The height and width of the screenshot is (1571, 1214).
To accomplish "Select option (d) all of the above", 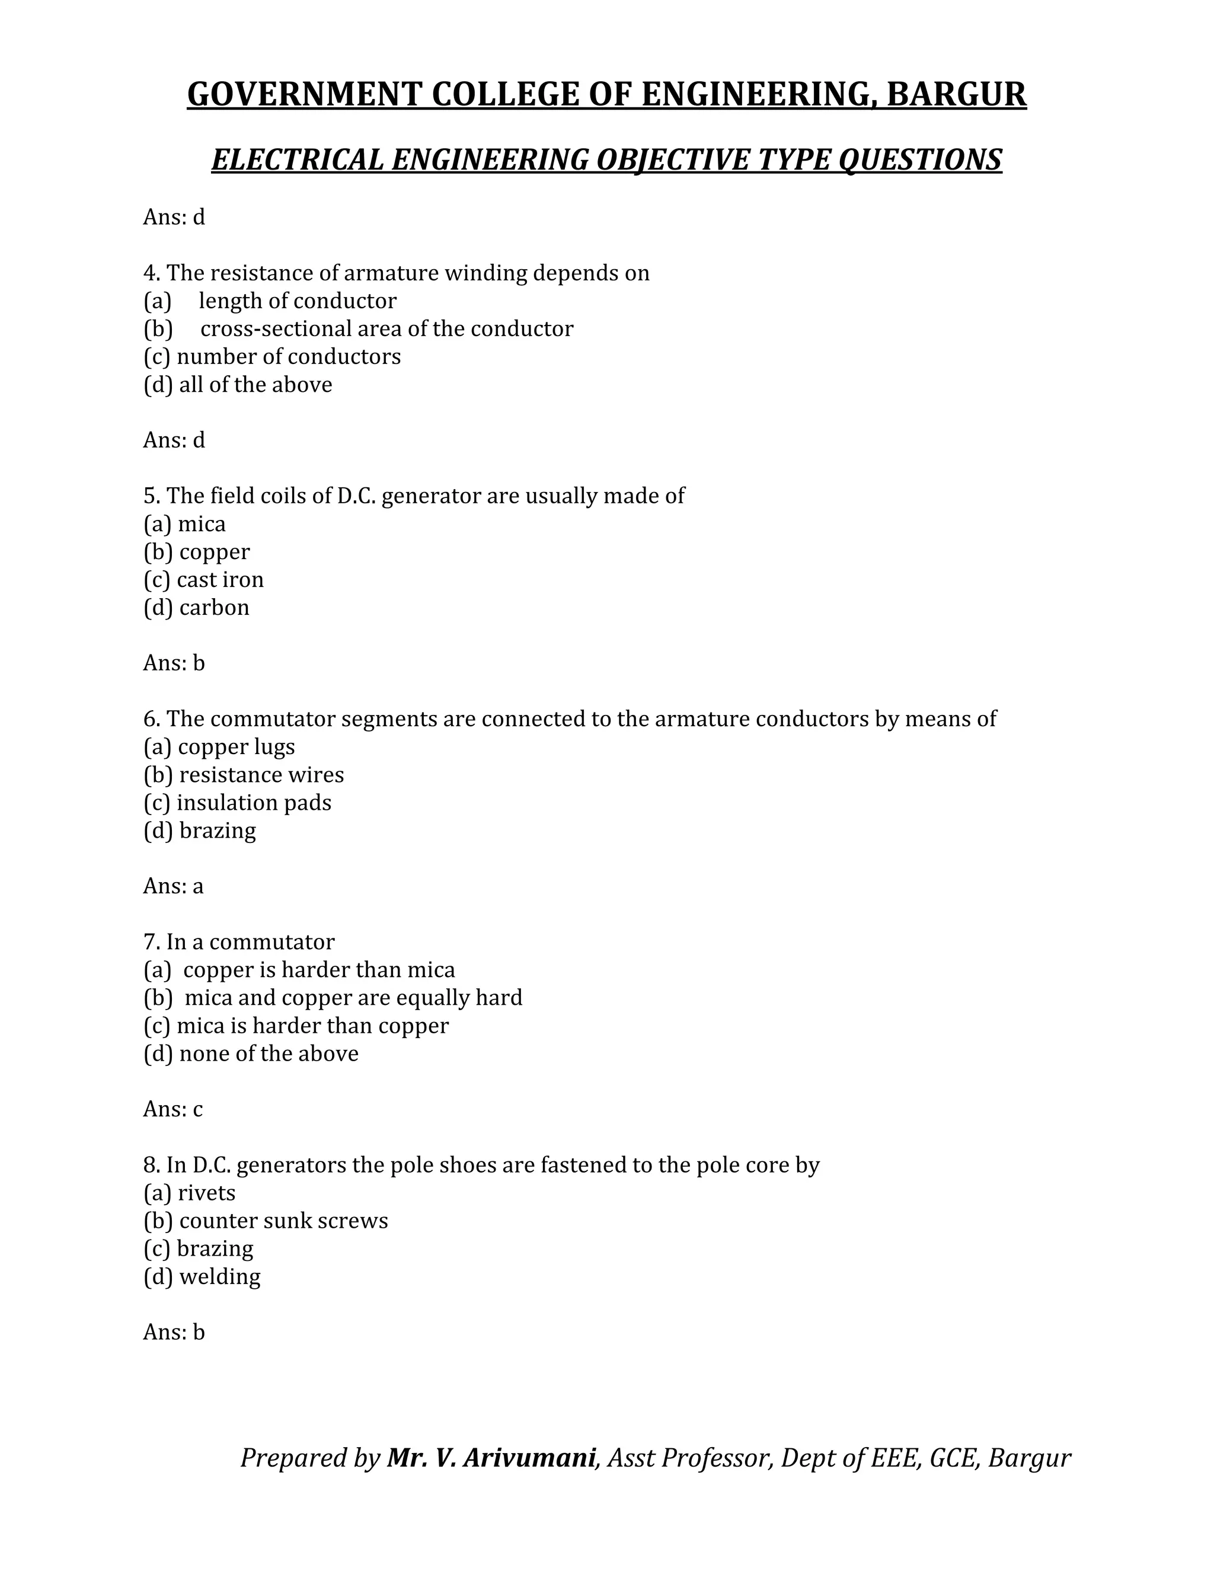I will click(x=238, y=385).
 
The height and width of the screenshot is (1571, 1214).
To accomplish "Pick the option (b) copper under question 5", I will click(x=197, y=552).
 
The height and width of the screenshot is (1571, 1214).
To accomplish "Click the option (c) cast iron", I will click(x=203, y=580).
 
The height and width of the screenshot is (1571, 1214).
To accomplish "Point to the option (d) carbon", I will click(x=196, y=608).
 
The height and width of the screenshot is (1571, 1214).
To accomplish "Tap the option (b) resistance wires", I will click(x=244, y=775).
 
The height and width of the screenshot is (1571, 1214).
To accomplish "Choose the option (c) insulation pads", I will click(x=237, y=803).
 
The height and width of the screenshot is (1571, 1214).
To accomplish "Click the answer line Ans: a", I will click(x=173, y=886).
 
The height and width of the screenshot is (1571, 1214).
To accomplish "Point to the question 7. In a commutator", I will click(x=239, y=943).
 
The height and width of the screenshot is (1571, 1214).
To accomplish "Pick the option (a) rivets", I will click(x=189, y=1193).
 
